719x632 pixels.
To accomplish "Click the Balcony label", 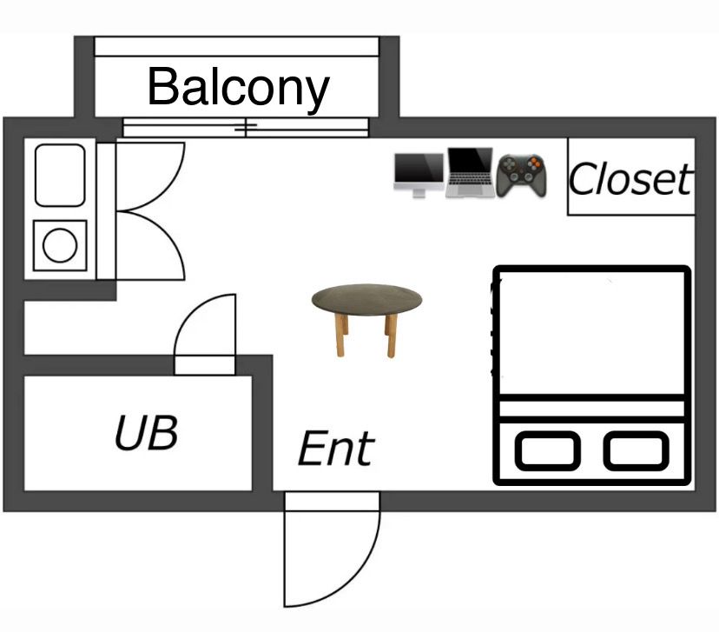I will pyautogui.click(x=238, y=87).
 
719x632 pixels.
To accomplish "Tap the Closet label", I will pyautogui.click(x=630, y=180).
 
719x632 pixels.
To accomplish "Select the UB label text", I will pyautogui.click(x=146, y=432).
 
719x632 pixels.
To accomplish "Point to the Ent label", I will pyautogui.click(x=335, y=449).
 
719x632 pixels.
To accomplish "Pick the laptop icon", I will pyautogui.click(x=470, y=172).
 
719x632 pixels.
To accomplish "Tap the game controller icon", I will pyautogui.click(x=521, y=173).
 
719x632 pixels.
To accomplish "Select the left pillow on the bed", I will pyautogui.click(x=547, y=450).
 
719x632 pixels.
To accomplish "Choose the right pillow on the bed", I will pyautogui.click(x=637, y=450).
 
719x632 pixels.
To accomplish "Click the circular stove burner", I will pyautogui.click(x=60, y=245).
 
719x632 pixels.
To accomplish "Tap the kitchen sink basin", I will pyautogui.click(x=60, y=175).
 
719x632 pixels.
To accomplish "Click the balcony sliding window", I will pyautogui.click(x=246, y=128).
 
